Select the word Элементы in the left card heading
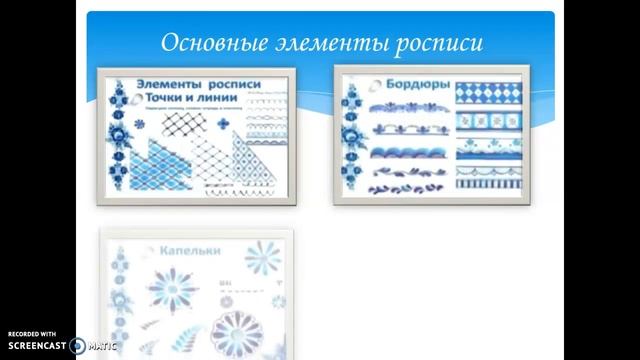coord(166,87)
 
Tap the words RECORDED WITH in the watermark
coord(32,335)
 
